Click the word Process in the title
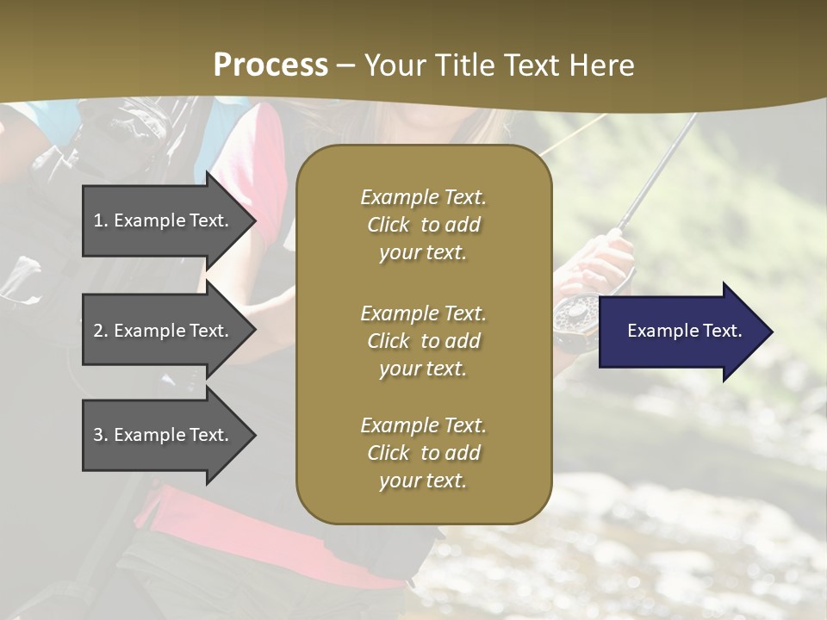270,65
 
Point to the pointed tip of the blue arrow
771,332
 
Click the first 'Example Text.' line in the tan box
423,197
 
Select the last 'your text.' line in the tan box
423,480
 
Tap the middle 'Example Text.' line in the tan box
423,313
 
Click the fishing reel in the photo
573,319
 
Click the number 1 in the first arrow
97,220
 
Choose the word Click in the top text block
389,225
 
